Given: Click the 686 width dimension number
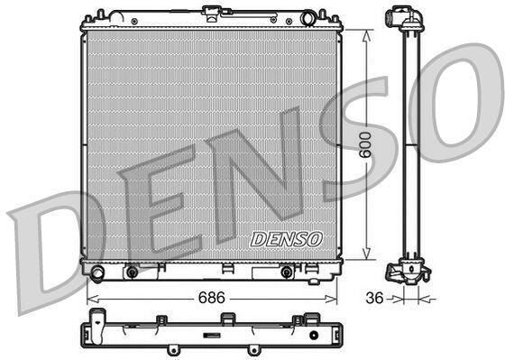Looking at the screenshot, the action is [x=211, y=298].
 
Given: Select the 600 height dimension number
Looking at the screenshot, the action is [x=366, y=144].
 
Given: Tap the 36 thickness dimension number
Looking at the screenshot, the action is [x=374, y=298].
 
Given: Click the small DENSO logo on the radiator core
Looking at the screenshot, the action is [x=287, y=239].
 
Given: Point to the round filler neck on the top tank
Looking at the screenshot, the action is [x=308, y=18].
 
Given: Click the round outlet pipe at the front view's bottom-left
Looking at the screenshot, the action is [x=97, y=273].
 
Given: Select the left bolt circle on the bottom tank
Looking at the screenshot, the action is [x=132, y=272].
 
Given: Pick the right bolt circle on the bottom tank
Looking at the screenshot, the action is [x=287, y=272].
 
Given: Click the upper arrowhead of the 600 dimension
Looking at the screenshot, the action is [x=366, y=36].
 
